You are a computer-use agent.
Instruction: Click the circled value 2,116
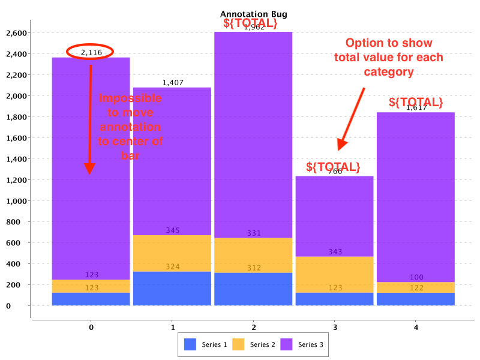(x=91, y=52)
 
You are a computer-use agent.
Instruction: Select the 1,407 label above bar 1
(x=173, y=82)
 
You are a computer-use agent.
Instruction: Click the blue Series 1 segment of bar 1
(x=172, y=289)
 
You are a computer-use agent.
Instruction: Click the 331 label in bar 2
(x=254, y=233)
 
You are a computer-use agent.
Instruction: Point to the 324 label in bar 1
(x=173, y=266)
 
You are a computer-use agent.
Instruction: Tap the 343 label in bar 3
(x=335, y=251)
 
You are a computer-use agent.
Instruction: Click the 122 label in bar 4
(x=416, y=288)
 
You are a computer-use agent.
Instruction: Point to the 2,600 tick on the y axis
(x=16, y=33)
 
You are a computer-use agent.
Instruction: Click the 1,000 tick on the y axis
(x=16, y=201)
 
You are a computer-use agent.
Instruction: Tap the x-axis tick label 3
(x=335, y=328)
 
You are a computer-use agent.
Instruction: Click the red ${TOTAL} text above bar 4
(x=416, y=102)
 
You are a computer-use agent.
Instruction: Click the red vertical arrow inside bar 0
(x=90, y=120)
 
